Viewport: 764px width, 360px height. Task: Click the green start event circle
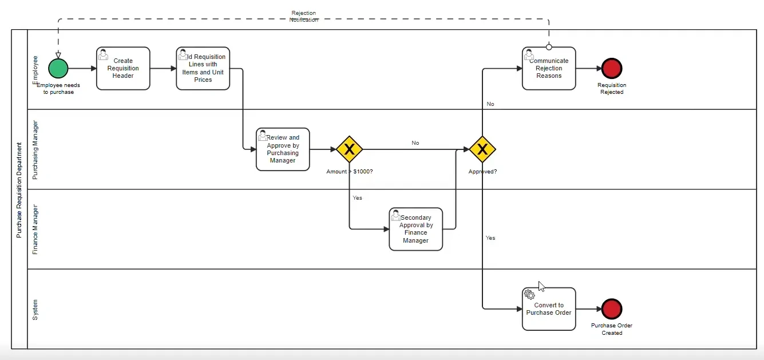click(x=58, y=68)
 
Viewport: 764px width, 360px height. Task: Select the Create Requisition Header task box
click(x=123, y=69)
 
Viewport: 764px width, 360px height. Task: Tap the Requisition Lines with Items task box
click(x=203, y=69)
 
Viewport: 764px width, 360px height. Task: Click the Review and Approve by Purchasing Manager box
click(x=283, y=149)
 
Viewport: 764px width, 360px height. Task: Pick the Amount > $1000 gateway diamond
click(x=349, y=149)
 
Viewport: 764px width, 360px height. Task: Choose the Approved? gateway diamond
click(x=482, y=149)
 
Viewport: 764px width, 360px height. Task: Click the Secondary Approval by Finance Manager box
click(x=416, y=229)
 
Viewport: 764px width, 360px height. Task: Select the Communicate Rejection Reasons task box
click(x=549, y=69)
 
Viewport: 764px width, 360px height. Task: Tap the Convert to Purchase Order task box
click(x=549, y=309)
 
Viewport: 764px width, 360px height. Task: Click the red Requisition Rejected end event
click(x=612, y=68)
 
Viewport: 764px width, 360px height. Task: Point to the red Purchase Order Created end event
click(x=612, y=309)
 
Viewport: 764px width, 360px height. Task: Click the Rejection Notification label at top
click(x=303, y=16)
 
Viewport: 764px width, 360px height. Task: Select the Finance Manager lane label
click(x=35, y=229)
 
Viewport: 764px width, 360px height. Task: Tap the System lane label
click(x=35, y=309)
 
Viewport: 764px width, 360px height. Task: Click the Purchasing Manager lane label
click(x=35, y=150)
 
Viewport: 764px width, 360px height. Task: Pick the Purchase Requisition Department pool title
click(x=19, y=189)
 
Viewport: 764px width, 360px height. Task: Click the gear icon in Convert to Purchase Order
click(x=529, y=294)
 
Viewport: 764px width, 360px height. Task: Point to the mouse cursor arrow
click(x=541, y=286)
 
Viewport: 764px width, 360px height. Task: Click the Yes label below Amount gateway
click(x=357, y=198)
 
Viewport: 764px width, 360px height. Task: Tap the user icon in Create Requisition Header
click(x=104, y=54)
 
